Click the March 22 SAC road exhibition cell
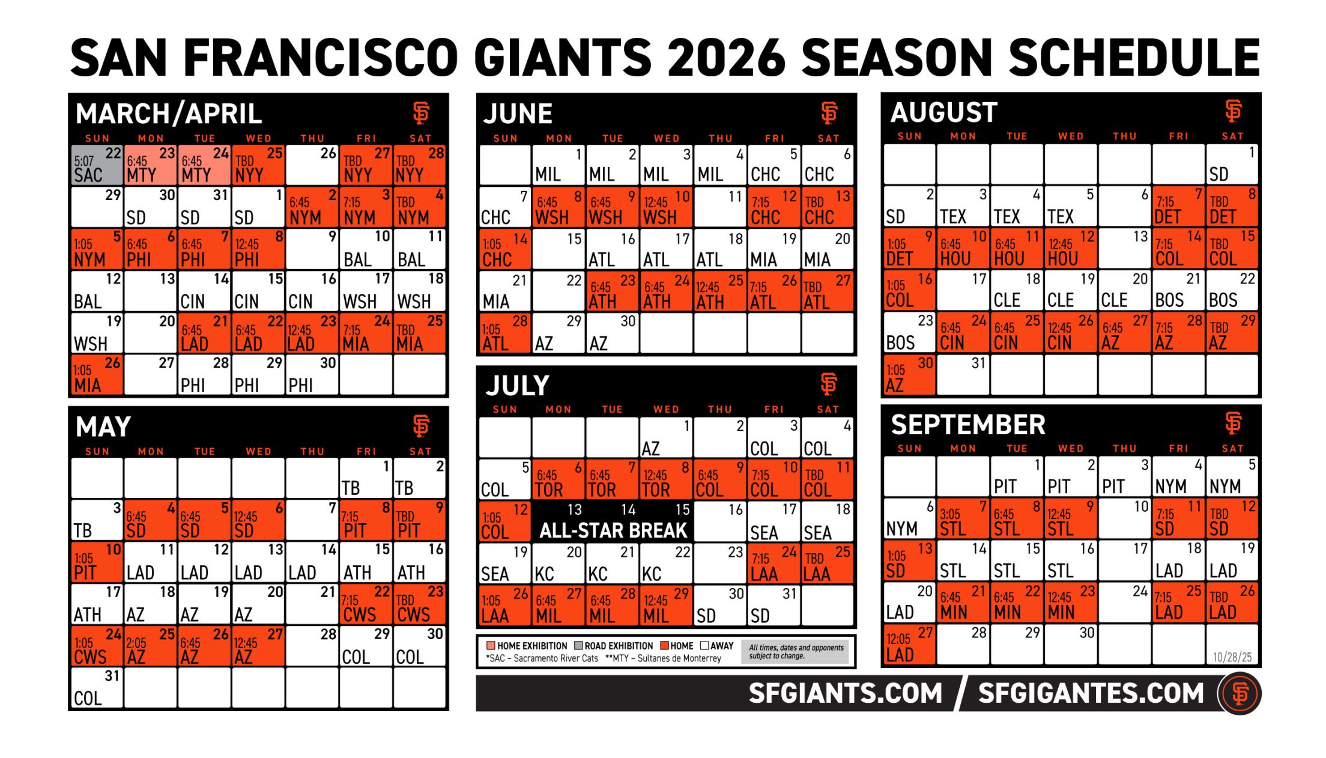(x=97, y=165)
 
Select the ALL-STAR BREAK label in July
(x=613, y=530)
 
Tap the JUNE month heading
(x=518, y=114)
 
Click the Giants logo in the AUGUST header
(x=1233, y=111)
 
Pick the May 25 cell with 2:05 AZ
(x=150, y=647)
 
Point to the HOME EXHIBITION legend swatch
(x=491, y=646)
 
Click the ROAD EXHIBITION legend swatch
(x=578, y=646)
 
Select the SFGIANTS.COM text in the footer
(x=845, y=693)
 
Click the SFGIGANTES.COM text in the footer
(x=1091, y=693)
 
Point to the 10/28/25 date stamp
(x=1232, y=656)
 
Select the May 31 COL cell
(x=97, y=688)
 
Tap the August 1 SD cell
(x=1232, y=165)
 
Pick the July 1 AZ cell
(x=666, y=438)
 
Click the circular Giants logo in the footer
(x=1240, y=693)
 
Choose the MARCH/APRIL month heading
(x=169, y=114)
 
